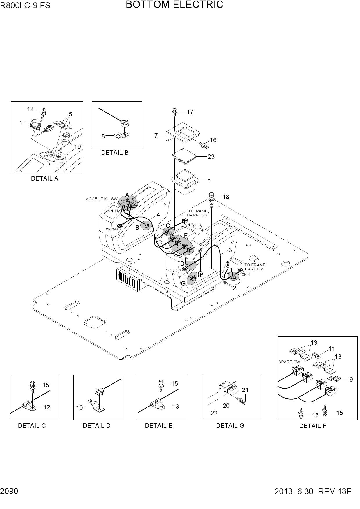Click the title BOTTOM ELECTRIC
174,5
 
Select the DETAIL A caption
45,178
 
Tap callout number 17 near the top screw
190,112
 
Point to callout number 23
211,157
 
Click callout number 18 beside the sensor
226,197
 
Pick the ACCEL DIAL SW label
102,199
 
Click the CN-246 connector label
112,229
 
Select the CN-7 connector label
189,225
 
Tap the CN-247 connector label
175,271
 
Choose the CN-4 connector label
246,275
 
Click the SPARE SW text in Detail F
289,362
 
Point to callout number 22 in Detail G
214,413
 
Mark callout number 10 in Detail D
80,408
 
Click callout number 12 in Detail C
47,407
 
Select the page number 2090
9,491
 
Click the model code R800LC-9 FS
25,6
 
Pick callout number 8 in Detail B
103,136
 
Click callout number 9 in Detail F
351,380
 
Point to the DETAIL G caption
230,426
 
